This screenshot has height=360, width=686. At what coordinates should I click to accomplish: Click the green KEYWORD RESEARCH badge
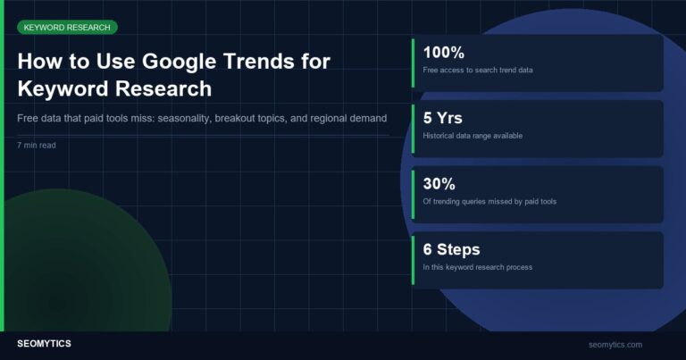tap(67, 28)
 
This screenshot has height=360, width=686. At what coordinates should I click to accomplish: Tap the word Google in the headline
tap(193, 63)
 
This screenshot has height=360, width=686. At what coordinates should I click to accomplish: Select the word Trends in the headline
tap(267, 63)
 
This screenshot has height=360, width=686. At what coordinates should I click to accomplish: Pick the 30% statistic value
tap(439, 184)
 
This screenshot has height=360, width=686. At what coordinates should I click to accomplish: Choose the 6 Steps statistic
tap(451, 249)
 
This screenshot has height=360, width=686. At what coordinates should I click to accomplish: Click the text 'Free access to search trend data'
tap(478, 70)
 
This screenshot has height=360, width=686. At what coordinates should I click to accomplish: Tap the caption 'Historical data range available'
tap(473, 136)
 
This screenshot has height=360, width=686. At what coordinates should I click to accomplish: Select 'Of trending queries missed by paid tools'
tap(489, 202)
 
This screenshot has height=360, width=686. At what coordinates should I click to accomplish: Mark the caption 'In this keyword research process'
tap(478, 267)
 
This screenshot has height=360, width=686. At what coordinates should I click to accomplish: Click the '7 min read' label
tap(37, 144)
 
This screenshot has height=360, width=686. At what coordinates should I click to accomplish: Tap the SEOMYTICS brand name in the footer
tap(44, 344)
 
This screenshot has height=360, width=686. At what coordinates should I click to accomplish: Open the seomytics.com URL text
tap(615, 345)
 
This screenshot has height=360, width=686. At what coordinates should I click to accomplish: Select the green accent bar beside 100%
tap(414, 63)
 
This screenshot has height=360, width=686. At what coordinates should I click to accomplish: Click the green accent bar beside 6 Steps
tap(414, 260)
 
